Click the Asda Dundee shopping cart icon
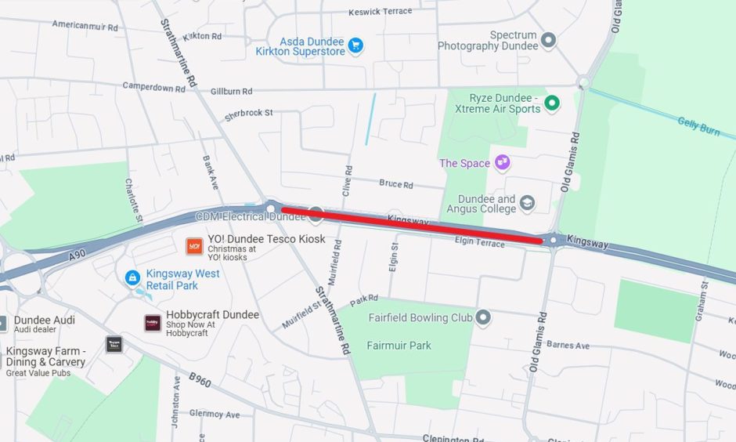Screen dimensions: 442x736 pos(355,45)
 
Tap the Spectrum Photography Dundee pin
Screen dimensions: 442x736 pos(549,40)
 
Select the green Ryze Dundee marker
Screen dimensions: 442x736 pos(552,103)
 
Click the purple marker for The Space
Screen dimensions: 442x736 pos(502,163)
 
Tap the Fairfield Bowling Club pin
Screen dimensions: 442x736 pos(483,318)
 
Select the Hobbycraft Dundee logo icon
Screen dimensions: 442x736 pos(153,323)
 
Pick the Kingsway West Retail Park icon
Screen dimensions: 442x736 pos(133,278)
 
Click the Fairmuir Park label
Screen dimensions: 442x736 pos(399,346)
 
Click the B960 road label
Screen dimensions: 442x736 pos(200,381)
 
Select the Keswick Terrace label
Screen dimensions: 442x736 pos(380,12)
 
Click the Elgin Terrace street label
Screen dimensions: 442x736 pos(478,242)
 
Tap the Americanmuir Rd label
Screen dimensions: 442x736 pos(85,25)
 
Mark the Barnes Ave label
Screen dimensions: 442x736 pos(568,346)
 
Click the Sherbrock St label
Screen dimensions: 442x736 pos(249,114)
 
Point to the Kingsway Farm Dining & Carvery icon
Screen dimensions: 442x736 pos(114,344)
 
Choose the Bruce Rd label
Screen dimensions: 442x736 pos(395,185)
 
